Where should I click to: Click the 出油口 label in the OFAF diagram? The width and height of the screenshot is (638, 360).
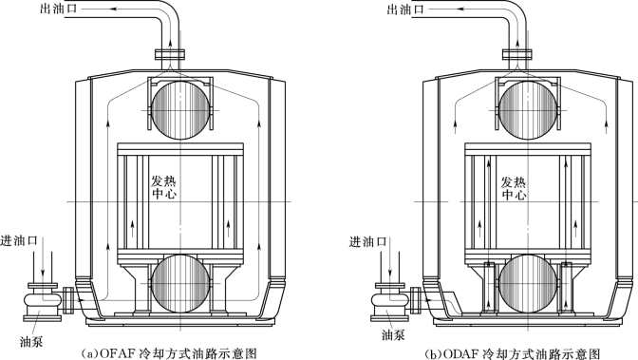[x=58, y=9]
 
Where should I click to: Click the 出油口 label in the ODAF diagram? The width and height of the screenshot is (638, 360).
[x=405, y=9]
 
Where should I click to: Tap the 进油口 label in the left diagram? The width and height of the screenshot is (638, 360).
[x=19, y=240]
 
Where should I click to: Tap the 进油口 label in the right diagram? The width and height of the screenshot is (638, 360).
[x=367, y=242]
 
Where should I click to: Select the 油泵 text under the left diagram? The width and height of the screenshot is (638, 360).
[x=31, y=341]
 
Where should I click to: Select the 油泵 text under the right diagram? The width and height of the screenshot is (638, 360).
[x=393, y=334]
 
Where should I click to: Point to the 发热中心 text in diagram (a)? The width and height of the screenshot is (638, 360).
[x=164, y=187]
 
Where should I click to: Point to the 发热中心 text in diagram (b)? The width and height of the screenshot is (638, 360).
[x=514, y=188]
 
